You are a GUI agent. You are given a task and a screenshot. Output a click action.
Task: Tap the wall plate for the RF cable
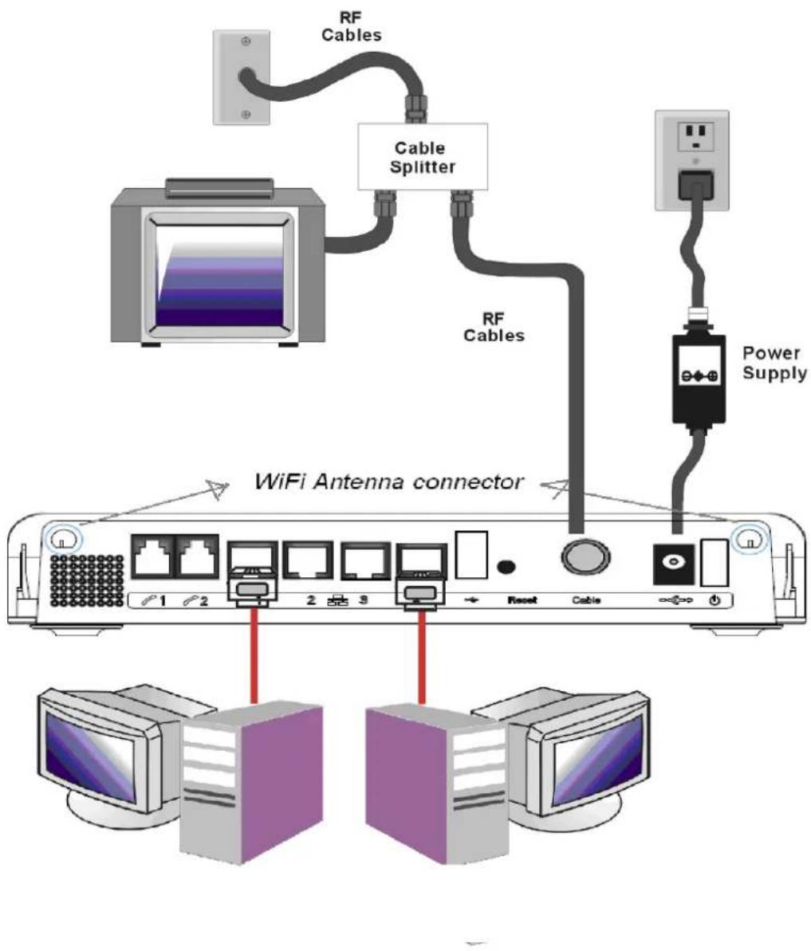coord(242,77)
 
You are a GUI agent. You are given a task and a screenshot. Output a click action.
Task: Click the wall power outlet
coord(691,160)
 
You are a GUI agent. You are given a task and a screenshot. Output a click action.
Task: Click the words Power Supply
coord(774,363)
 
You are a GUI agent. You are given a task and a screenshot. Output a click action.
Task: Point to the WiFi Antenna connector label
coord(388,482)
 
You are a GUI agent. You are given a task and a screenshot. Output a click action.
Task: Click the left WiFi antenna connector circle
coord(62,538)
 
